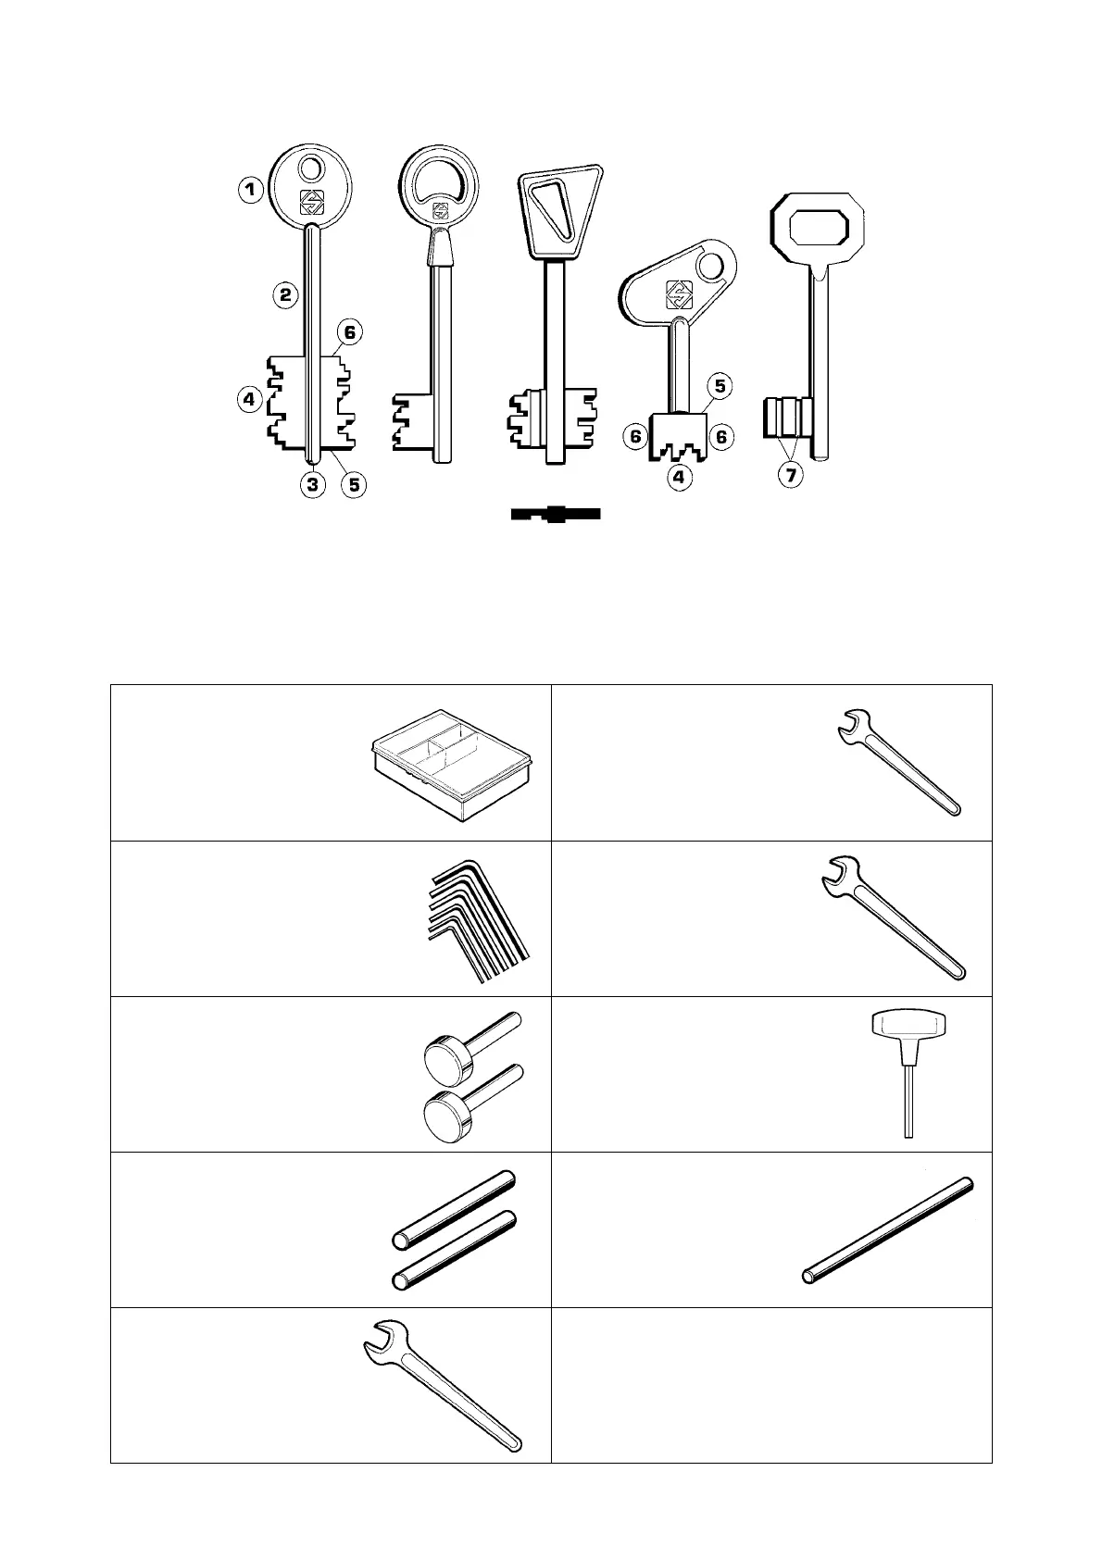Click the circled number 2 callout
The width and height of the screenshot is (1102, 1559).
pyautogui.click(x=286, y=296)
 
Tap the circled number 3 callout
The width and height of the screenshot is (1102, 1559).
pyautogui.click(x=314, y=483)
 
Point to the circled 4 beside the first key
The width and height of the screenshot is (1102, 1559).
pyautogui.click(x=249, y=400)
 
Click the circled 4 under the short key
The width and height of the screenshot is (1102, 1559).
pyautogui.click(x=681, y=478)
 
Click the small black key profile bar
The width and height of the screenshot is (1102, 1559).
pyautogui.click(x=556, y=514)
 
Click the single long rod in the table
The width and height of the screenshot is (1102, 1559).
pyautogui.click(x=887, y=1229)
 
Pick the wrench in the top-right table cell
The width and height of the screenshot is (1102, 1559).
pyautogui.click(x=898, y=761)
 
